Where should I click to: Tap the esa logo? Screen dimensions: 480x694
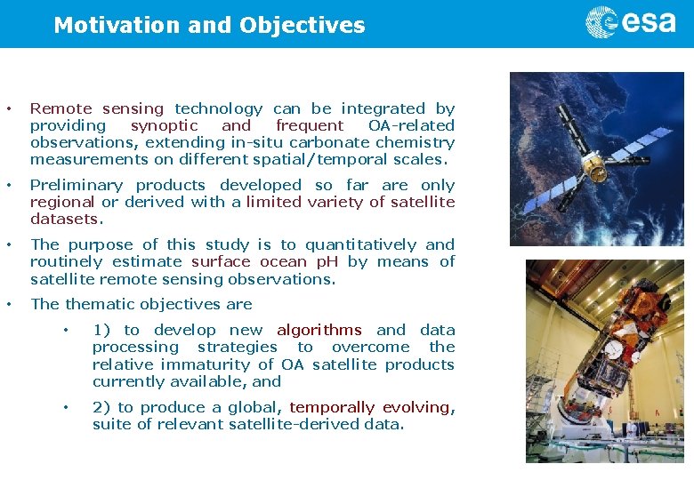[631, 21]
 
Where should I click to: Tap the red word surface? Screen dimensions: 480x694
[221, 262]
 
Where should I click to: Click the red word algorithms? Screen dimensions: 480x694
[319, 330]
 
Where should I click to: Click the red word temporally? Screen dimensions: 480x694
[332, 407]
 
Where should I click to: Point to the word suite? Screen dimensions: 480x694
[109, 425]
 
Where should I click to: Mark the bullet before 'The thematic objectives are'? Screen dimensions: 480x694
[9, 304]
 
